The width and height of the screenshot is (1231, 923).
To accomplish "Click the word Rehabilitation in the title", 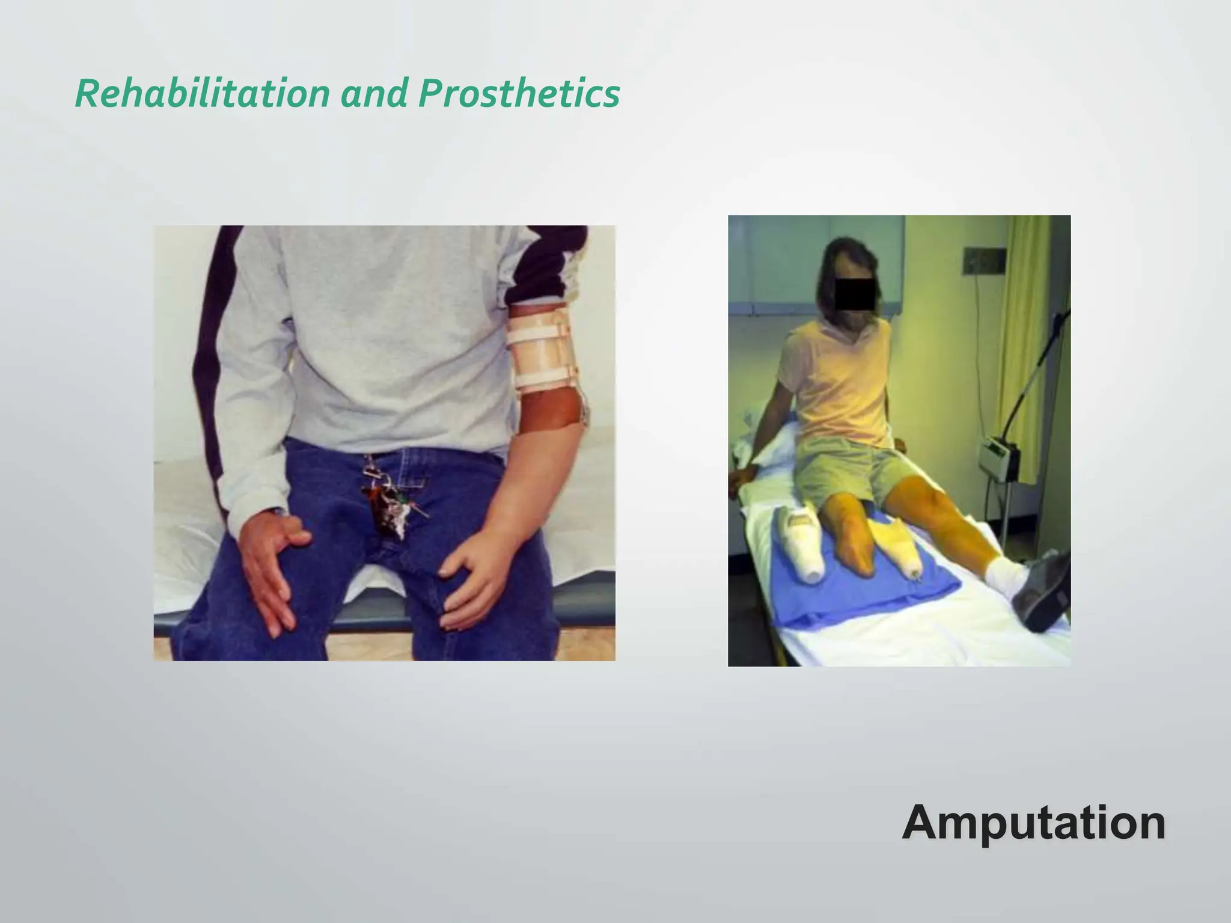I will point(202,94).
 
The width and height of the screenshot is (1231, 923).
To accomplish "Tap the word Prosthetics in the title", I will point(518,94).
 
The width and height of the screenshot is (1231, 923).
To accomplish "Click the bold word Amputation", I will point(1033,823).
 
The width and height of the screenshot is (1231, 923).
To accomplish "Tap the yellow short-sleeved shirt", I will point(842,385).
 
